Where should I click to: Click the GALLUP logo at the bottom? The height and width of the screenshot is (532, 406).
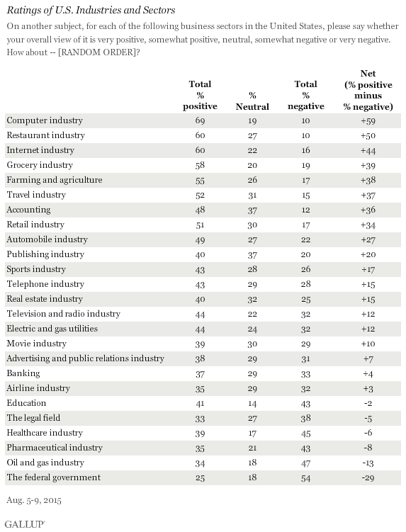click(25, 524)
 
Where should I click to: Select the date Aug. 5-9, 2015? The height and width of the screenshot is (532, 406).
click(34, 500)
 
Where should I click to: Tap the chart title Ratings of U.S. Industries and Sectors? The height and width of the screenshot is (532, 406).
click(91, 10)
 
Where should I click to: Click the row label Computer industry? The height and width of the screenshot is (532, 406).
click(45, 120)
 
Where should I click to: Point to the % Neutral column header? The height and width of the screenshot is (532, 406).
click(252, 101)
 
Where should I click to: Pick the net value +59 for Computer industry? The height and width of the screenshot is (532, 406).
click(368, 121)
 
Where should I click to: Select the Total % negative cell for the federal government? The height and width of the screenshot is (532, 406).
click(306, 477)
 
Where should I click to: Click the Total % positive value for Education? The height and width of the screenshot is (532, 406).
click(200, 403)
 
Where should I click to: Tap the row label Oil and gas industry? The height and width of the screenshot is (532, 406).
click(45, 463)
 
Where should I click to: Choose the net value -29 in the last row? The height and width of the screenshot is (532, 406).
click(368, 477)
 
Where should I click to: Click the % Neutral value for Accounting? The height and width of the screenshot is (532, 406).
click(252, 210)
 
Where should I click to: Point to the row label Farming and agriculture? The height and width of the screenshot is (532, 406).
click(55, 180)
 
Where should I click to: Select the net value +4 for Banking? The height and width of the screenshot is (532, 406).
click(368, 373)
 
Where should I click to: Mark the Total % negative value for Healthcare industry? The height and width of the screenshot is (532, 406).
click(306, 434)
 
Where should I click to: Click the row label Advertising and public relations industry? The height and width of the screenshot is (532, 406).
click(86, 358)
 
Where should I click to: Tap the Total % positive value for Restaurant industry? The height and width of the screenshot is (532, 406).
click(200, 135)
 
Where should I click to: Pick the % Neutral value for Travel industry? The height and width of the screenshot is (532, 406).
click(252, 195)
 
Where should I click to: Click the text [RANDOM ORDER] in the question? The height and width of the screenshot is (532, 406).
click(97, 52)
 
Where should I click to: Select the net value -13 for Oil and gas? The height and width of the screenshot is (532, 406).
click(368, 463)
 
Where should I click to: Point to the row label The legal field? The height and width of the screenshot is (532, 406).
click(33, 418)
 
